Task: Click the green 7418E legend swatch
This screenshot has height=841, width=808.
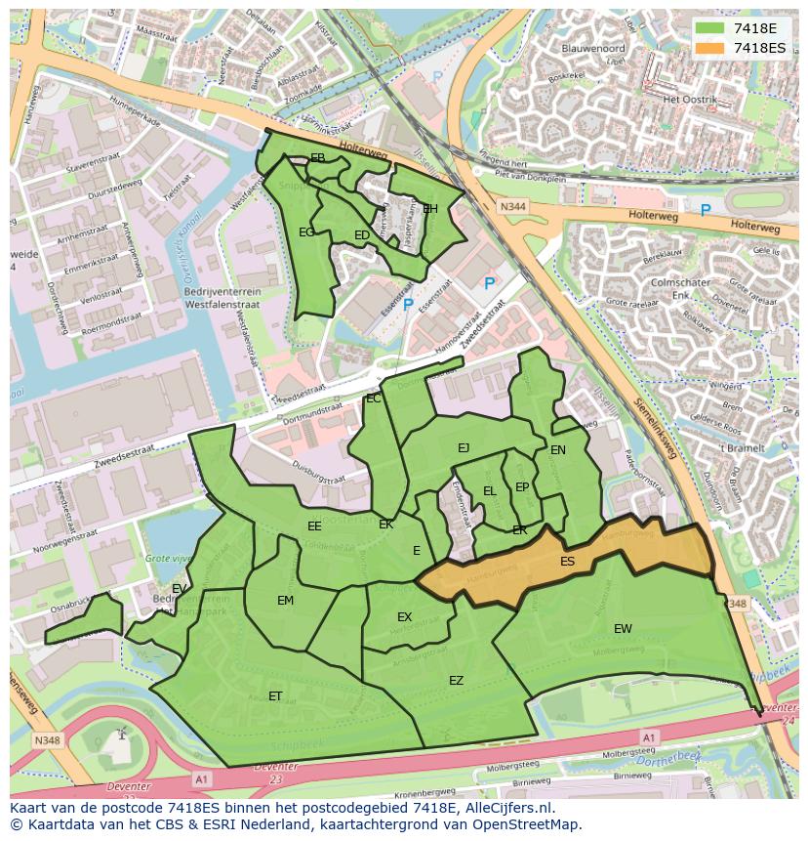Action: (708, 27)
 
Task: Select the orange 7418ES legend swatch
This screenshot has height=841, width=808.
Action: (708, 47)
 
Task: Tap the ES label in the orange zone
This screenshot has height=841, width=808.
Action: (568, 562)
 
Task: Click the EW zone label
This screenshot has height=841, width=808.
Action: (623, 628)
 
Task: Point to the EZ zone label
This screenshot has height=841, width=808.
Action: (456, 681)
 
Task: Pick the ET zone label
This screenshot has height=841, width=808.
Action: (275, 696)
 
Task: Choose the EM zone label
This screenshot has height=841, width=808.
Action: (285, 601)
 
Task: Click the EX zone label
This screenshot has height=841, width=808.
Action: (405, 617)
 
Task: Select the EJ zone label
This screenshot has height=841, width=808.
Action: (464, 448)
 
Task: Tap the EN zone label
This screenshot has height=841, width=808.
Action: (558, 450)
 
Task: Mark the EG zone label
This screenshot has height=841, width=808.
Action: (306, 232)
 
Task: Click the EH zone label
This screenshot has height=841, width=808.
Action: (430, 209)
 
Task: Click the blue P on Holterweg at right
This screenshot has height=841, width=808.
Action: (706, 210)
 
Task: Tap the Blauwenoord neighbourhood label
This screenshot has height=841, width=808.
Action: (593, 47)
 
